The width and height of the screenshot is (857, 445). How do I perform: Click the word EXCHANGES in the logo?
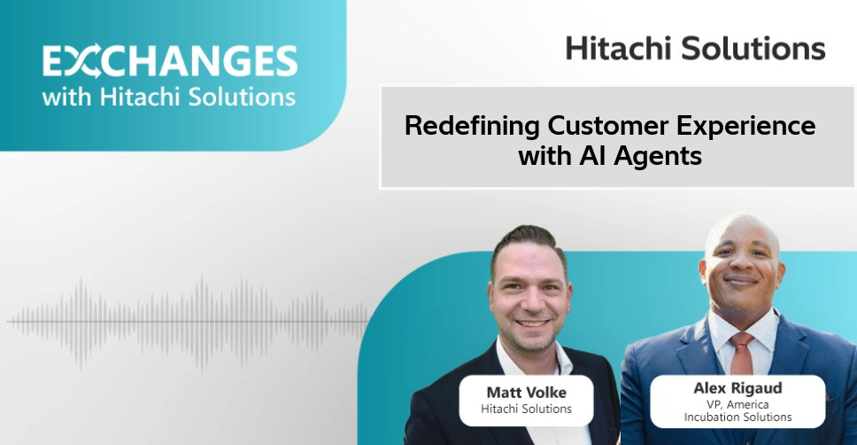[x=170, y=61]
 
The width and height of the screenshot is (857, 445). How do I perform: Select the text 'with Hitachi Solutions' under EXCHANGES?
[x=169, y=97]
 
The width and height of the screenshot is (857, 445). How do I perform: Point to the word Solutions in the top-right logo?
[x=753, y=48]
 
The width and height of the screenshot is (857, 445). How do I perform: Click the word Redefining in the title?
[x=472, y=126]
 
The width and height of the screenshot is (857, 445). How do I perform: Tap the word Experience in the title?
[x=746, y=127]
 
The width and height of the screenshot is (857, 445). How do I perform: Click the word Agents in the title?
[x=658, y=157]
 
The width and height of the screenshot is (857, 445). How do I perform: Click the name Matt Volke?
[x=527, y=393]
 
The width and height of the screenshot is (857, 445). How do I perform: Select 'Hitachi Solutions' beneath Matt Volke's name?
[x=527, y=409]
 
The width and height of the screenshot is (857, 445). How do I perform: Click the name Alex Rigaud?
[x=737, y=388]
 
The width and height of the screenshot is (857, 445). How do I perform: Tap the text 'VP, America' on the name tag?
[x=737, y=404]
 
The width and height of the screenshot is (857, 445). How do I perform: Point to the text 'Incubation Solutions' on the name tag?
[x=737, y=418]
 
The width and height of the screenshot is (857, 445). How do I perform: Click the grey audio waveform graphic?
[x=189, y=323]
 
